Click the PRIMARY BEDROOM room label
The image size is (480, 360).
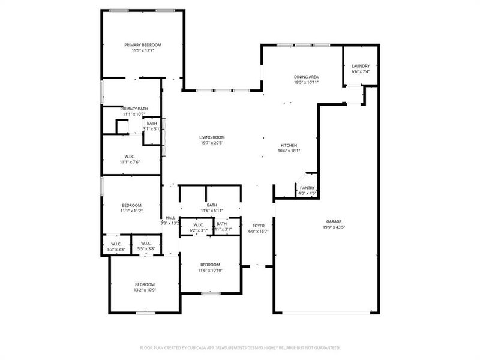click(143, 45)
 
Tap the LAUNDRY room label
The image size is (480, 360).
click(361, 66)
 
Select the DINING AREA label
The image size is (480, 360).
click(306, 77)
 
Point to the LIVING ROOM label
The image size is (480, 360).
click(212, 137)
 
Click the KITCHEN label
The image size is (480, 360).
click(289, 145)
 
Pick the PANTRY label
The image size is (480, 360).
click(307, 188)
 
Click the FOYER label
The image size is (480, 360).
click(258, 226)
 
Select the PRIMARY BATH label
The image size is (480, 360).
click(134, 109)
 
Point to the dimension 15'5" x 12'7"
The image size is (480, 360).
click(143, 50)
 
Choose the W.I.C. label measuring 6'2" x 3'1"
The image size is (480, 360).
click(199, 224)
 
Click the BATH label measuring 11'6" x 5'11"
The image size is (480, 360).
click(212, 205)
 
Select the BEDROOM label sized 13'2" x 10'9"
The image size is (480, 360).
click(145, 284)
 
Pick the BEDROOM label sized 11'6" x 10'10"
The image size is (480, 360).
click(210, 265)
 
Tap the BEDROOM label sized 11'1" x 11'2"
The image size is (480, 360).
click(131, 205)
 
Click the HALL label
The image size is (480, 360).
click(170, 218)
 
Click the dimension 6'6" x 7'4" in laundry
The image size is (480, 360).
click(361, 71)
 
